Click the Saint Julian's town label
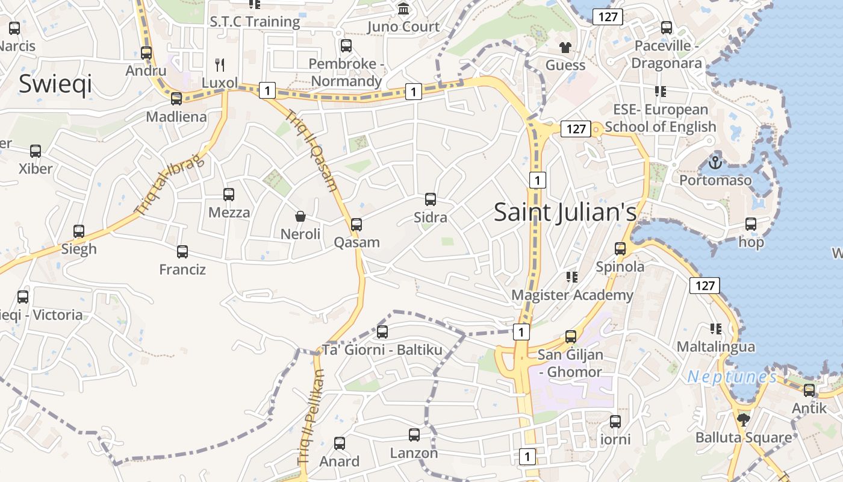click(x=565, y=212)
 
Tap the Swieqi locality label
click(x=55, y=84)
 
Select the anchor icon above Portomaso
click(x=715, y=162)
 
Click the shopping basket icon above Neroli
click(x=300, y=216)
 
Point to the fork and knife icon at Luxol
click(x=220, y=65)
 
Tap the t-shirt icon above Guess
click(x=565, y=47)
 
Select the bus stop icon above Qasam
click(x=356, y=225)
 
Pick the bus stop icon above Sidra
click(x=431, y=199)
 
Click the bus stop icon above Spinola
click(x=620, y=249)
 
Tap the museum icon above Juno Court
click(x=403, y=9)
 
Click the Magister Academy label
click(x=572, y=295)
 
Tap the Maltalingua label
click(x=715, y=346)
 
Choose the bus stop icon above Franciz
click(x=182, y=252)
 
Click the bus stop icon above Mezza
click(x=229, y=195)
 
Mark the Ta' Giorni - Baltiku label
click(x=382, y=349)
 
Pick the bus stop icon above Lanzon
click(x=414, y=435)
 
